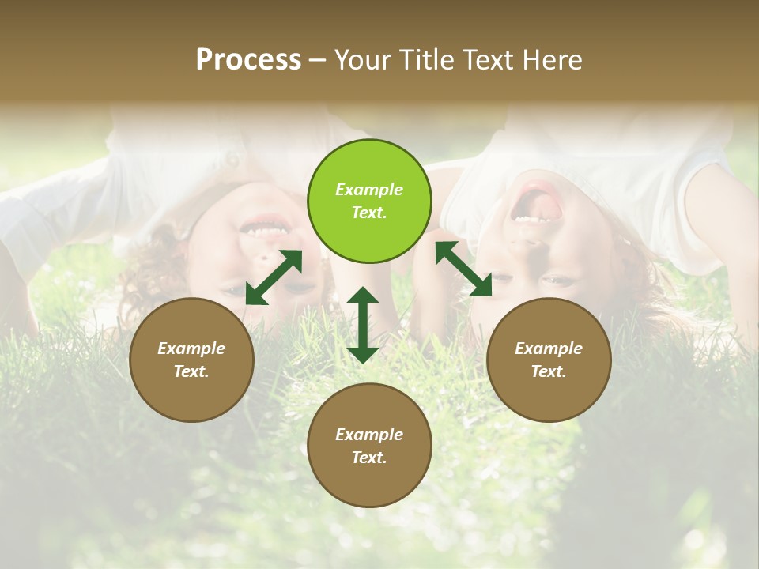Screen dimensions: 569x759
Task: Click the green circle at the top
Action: tap(369, 201)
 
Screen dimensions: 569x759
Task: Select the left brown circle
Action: tap(191, 360)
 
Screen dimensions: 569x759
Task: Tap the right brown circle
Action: tap(549, 360)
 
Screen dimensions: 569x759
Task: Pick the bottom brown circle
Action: tap(369, 445)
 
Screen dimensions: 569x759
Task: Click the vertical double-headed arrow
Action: tap(363, 325)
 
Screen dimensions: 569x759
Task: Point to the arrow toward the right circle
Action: tap(463, 269)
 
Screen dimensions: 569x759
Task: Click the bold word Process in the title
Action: tap(248, 60)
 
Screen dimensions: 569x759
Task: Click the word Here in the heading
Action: tap(553, 60)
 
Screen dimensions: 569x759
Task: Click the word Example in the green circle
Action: tap(369, 190)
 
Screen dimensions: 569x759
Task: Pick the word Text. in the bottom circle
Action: tap(369, 458)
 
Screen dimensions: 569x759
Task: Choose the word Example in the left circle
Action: tap(191, 349)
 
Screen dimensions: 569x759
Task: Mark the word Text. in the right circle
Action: tap(549, 371)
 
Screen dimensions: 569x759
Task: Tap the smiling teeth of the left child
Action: tap(263, 230)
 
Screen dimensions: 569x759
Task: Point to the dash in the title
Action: tap(318, 60)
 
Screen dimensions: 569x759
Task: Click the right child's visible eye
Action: tap(557, 281)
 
